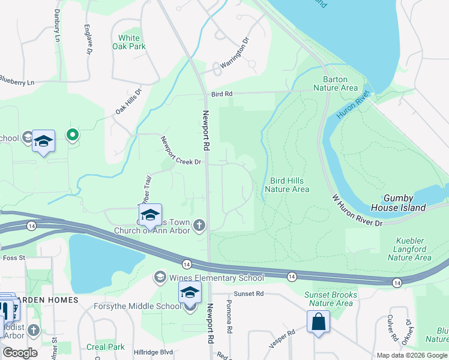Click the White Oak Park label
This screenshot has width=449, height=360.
pyautogui.click(x=132, y=42)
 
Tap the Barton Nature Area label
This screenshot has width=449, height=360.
pyautogui.click(x=340, y=83)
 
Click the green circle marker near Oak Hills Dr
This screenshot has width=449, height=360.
pyautogui.click(x=72, y=135)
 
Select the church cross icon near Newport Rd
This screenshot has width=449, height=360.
pyautogui.click(x=199, y=225)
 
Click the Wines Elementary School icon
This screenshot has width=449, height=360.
pyautogui.click(x=160, y=277)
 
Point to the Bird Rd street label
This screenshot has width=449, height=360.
pyautogui.click(x=221, y=94)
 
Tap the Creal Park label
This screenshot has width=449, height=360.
pyautogui.click(x=105, y=347)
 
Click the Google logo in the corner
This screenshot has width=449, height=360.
pyautogui.click(x=20, y=353)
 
